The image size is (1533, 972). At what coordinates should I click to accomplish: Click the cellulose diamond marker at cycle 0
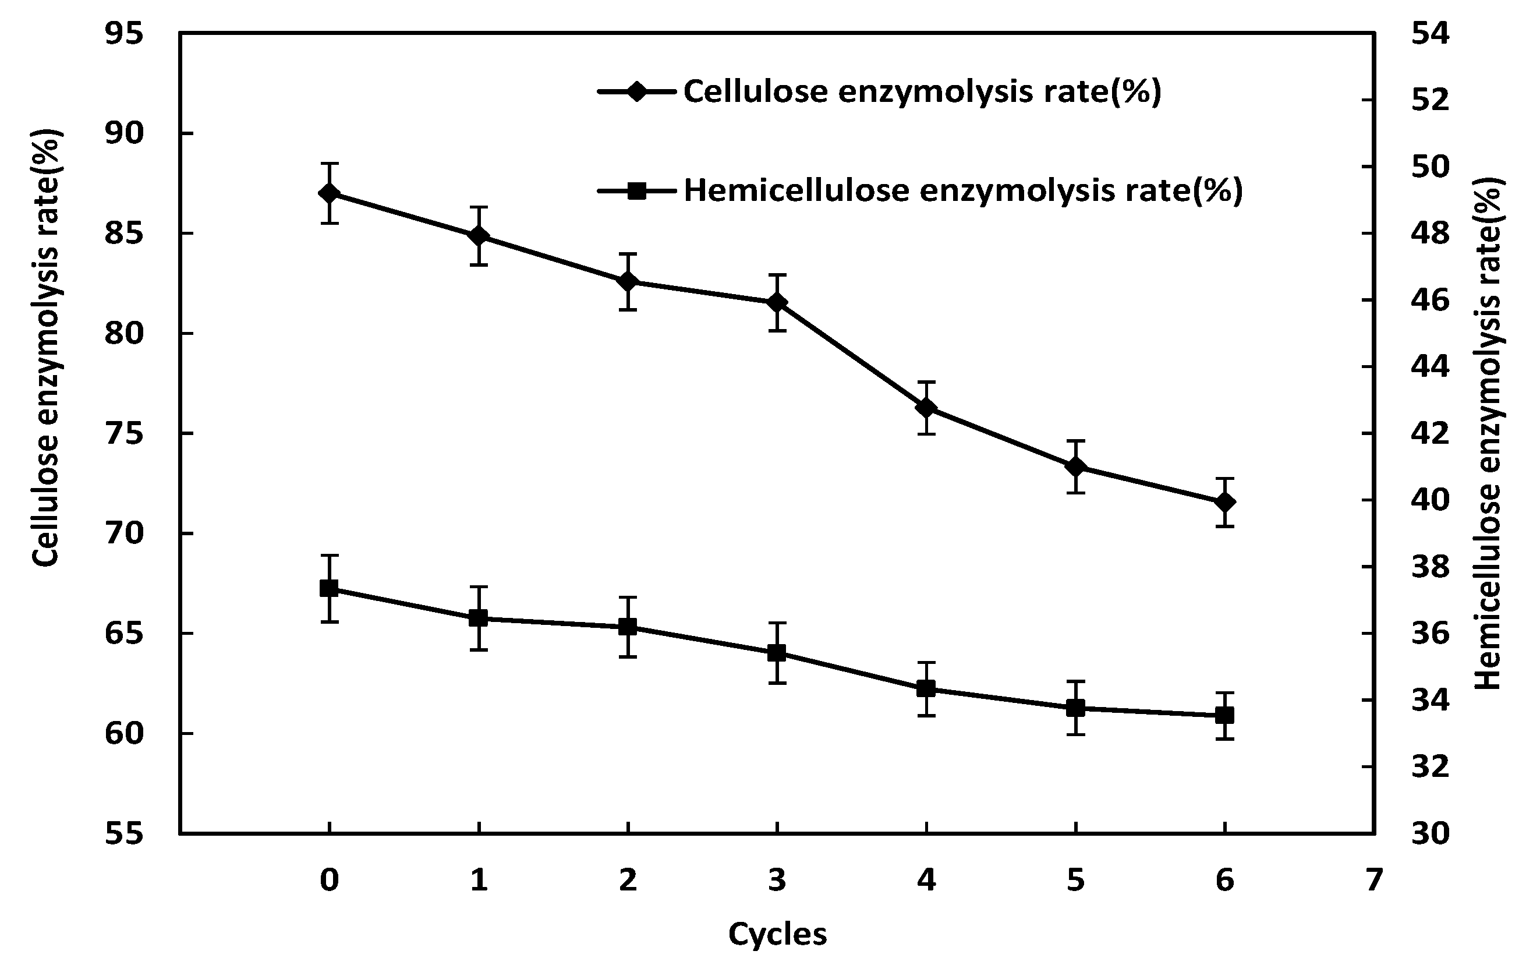point(329,193)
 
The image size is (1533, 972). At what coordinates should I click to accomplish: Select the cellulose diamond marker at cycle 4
point(926,408)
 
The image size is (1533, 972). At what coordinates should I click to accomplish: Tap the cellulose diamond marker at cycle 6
point(1224,502)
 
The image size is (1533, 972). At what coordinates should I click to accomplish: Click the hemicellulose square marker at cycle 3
point(777,653)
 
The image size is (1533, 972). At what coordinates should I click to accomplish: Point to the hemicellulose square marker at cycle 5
point(1075,708)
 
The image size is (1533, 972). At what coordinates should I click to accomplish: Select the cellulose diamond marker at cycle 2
point(628,281)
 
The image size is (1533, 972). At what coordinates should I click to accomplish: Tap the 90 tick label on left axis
point(124,133)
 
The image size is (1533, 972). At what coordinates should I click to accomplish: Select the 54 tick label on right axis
point(1430,34)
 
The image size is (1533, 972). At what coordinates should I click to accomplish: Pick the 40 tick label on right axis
point(1430,500)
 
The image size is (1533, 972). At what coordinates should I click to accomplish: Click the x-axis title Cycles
point(777,934)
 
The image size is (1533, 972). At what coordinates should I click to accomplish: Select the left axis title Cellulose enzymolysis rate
point(46,347)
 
